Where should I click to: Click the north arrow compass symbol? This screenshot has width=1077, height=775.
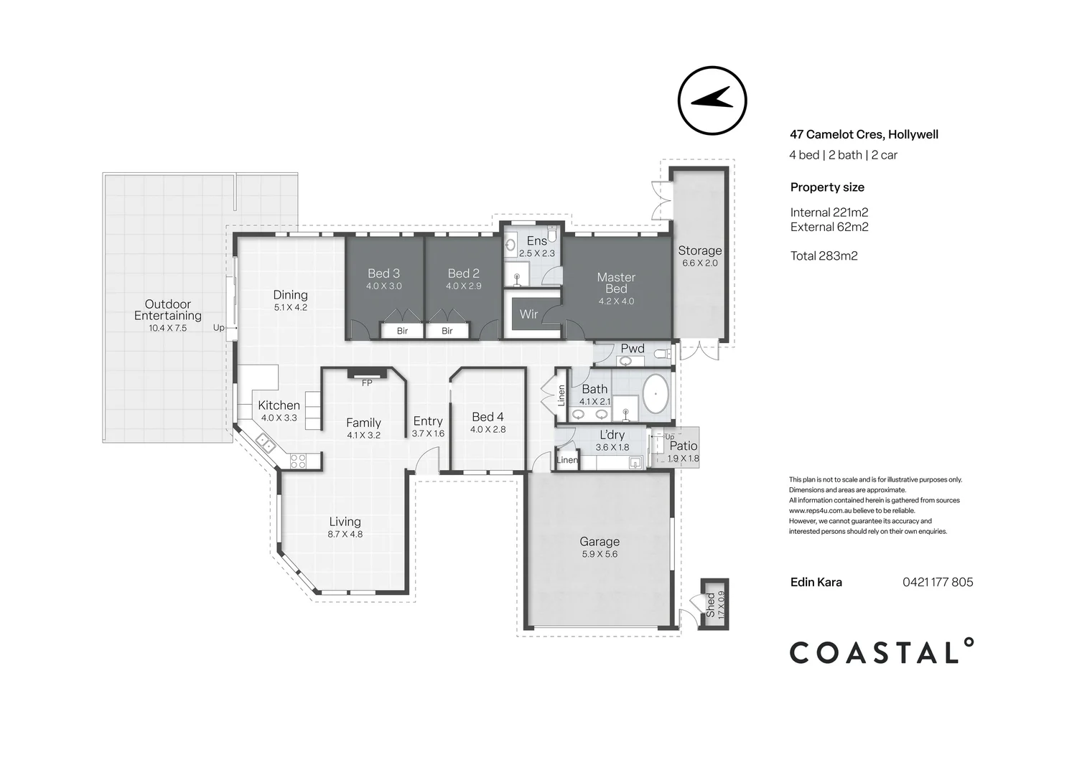click(x=712, y=100)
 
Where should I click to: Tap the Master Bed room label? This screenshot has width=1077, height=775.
click(x=616, y=283)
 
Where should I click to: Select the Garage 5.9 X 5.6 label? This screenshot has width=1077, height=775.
click(x=600, y=548)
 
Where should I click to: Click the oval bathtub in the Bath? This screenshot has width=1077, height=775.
click(x=655, y=396)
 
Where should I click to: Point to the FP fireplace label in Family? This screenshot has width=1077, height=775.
click(x=367, y=383)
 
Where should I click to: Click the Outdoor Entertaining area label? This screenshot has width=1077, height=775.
click(x=168, y=310)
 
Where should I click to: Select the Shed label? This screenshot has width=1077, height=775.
click(x=710, y=605)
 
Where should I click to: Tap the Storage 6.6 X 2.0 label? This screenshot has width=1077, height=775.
click(x=700, y=255)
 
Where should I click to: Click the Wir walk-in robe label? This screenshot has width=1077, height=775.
click(x=528, y=314)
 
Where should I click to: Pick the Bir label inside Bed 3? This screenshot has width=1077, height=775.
click(x=402, y=331)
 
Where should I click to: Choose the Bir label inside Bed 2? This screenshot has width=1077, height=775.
click(x=447, y=331)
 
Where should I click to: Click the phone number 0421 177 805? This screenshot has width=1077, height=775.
click(x=938, y=582)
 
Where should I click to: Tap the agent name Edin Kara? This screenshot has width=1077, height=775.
click(x=816, y=582)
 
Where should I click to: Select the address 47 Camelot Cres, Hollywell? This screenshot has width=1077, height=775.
click(x=864, y=134)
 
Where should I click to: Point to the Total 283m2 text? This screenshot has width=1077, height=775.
click(x=824, y=255)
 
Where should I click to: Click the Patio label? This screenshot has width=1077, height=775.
click(x=683, y=446)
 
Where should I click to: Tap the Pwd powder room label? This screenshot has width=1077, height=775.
click(x=633, y=349)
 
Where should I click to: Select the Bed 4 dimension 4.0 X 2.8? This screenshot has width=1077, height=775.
click(x=488, y=430)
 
